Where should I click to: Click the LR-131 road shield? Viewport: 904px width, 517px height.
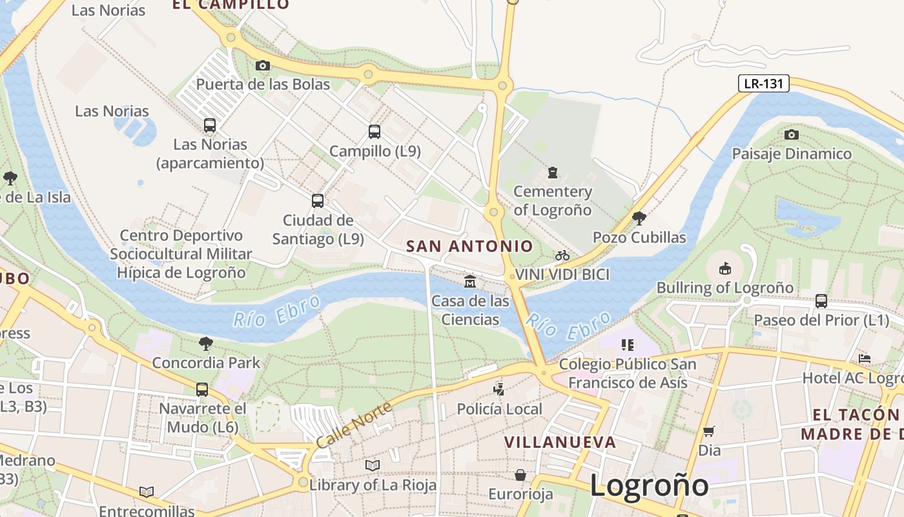[x=764, y=83]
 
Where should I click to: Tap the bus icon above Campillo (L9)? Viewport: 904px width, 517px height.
[x=375, y=132]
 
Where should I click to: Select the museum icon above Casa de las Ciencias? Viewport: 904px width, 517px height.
[x=470, y=282]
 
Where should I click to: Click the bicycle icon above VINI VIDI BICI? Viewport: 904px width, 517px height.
[x=562, y=255]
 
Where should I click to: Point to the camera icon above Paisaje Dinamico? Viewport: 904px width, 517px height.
[x=791, y=134]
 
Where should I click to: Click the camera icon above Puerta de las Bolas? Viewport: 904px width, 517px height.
[x=263, y=65]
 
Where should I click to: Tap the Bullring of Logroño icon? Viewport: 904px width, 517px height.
[x=725, y=268]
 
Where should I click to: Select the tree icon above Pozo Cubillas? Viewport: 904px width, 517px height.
[x=639, y=218]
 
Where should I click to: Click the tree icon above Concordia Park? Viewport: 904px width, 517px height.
[x=206, y=344]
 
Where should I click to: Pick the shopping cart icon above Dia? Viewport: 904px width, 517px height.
[x=709, y=431]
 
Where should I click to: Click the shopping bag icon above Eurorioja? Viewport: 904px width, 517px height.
[x=520, y=476]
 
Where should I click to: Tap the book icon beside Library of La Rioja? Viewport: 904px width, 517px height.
[x=373, y=465]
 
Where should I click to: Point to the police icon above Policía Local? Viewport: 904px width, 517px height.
[x=498, y=390]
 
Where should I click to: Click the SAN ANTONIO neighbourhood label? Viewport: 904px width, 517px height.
[x=469, y=246]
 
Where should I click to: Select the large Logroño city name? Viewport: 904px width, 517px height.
[x=649, y=485]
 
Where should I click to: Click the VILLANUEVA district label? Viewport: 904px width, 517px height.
[x=560, y=443]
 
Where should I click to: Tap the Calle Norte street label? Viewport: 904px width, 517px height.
[x=354, y=425]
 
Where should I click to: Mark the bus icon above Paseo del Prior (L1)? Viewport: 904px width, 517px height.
[x=821, y=301]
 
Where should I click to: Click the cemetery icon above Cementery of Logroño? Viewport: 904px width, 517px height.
[x=552, y=173]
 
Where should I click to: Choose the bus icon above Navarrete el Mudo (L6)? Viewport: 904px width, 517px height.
[x=202, y=390]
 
